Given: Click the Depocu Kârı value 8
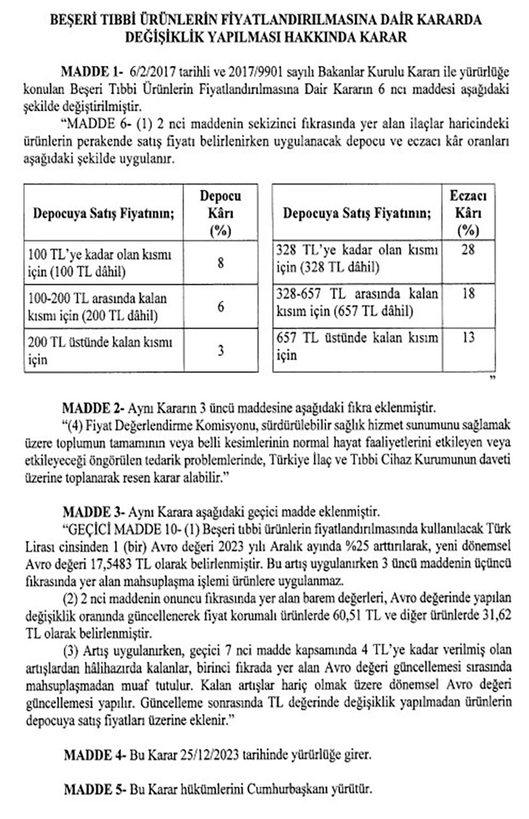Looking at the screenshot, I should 220,263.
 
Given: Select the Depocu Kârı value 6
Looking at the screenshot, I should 220,307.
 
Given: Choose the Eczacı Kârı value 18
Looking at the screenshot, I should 468,294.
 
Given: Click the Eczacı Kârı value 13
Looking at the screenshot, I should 468,338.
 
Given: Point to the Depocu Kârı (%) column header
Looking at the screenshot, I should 220,213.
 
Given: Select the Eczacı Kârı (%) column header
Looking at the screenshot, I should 468,213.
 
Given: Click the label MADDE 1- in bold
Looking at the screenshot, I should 91,69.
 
